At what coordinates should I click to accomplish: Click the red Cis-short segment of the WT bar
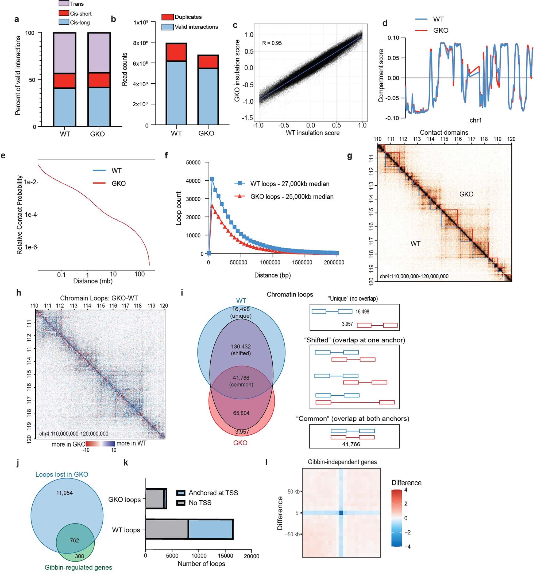[x=65, y=81]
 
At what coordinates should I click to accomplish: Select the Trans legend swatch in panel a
[x=64, y=4]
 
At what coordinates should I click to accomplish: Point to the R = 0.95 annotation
[x=272, y=43]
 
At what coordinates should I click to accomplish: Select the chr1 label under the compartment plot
[x=475, y=120]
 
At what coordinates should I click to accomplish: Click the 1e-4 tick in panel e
[x=31, y=215]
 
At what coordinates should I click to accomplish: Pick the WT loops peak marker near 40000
[x=212, y=179]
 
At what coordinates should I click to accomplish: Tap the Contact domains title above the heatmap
[x=444, y=132]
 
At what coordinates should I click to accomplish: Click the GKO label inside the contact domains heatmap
[x=466, y=194]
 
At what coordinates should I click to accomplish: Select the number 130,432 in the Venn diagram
[x=241, y=347]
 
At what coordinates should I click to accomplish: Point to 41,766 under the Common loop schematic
[x=351, y=444]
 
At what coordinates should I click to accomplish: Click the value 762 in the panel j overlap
[x=74, y=540]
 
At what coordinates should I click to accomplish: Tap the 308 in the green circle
[x=79, y=556]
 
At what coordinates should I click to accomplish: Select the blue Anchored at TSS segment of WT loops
[x=211, y=529]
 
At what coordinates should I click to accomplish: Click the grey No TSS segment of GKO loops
[x=154, y=499]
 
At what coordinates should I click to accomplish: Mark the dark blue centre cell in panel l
[x=341, y=512]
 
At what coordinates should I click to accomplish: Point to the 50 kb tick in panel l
[x=293, y=492]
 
